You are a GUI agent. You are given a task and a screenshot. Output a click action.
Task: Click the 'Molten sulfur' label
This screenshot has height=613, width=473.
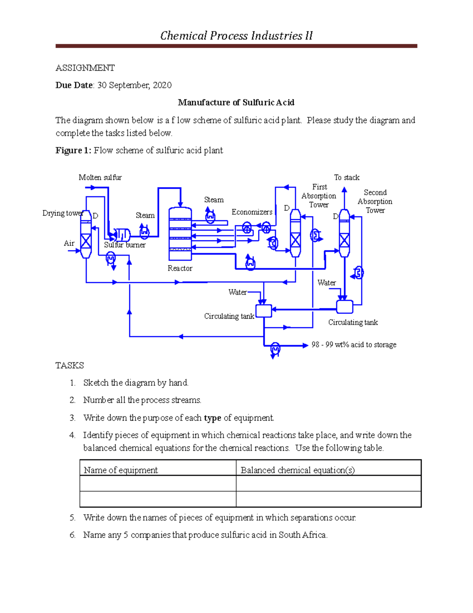pyautogui.click(x=100, y=178)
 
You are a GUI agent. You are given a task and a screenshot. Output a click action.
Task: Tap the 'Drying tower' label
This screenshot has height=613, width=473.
pyautogui.click(x=62, y=213)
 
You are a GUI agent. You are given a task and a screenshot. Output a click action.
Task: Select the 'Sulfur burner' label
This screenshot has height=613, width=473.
pyautogui.click(x=125, y=245)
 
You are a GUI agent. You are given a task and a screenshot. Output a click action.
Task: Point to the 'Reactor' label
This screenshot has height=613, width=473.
pyautogui.click(x=180, y=268)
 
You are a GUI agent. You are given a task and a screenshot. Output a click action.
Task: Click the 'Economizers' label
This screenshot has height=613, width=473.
pyautogui.click(x=252, y=212)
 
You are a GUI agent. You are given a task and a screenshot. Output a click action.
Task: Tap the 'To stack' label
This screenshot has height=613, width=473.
pyautogui.click(x=346, y=178)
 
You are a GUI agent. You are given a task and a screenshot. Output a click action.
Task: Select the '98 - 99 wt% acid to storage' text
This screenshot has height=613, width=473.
pyautogui.click(x=354, y=345)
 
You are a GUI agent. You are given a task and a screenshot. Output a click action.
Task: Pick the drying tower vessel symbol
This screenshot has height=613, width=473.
pyautogui.click(x=86, y=234)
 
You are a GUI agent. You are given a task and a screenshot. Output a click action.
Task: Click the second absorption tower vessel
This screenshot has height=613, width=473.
pyautogui.click(x=344, y=233)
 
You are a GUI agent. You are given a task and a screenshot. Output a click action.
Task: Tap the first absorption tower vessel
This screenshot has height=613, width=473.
pyautogui.click(x=295, y=233)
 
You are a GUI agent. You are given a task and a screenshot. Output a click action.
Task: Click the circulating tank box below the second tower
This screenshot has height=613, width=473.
pyautogui.click(x=345, y=307)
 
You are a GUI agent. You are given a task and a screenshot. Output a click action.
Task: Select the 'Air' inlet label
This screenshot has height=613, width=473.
pyautogui.click(x=69, y=243)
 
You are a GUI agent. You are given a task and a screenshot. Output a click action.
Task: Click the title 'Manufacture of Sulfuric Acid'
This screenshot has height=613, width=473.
pyautogui.click(x=236, y=103)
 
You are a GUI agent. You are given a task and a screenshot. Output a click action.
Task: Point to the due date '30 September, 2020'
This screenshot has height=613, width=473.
pyautogui.click(x=134, y=85)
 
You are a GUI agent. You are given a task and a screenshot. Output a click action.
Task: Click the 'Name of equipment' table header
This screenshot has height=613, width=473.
pyautogui.click(x=121, y=470)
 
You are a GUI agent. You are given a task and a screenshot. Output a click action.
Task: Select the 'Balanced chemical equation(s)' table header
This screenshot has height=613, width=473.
pyautogui.click(x=298, y=470)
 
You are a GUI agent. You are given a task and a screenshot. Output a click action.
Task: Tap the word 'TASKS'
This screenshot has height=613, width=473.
pyautogui.click(x=70, y=366)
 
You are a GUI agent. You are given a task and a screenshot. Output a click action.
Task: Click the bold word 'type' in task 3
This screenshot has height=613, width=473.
pyautogui.click(x=212, y=418)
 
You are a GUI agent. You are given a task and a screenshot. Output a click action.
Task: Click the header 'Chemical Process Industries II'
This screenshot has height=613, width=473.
pyautogui.click(x=236, y=36)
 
